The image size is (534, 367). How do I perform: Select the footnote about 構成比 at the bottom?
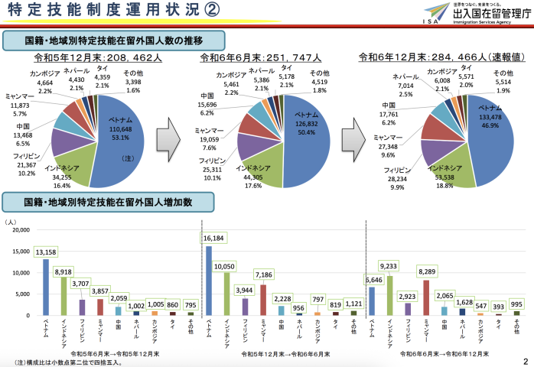tap(57, 362)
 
